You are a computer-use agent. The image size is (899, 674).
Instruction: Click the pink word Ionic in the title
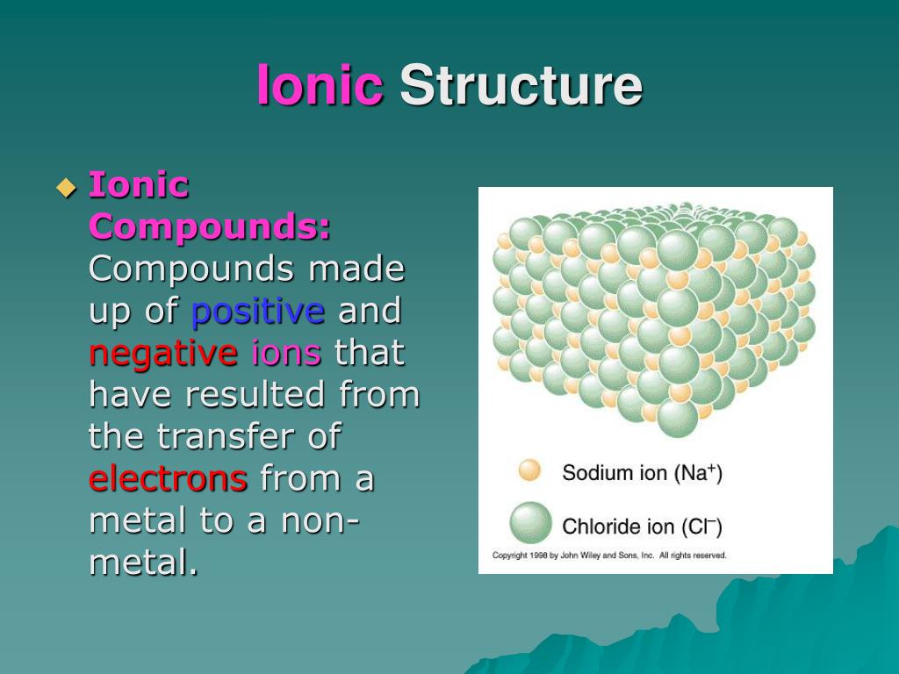(x=320, y=86)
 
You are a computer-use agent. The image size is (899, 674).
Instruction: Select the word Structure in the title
(x=521, y=86)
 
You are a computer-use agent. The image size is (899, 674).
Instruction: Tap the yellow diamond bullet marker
(x=66, y=187)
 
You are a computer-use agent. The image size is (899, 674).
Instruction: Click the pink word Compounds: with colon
(x=210, y=227)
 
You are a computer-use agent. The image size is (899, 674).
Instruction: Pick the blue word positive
(x=258, y=311)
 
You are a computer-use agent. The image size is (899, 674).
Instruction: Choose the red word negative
(x=163, y=354)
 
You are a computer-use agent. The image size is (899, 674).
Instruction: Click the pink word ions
(x=286, y=354)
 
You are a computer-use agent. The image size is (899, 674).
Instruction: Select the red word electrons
(x=168, y=479)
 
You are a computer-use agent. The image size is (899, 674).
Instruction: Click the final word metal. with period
(x=143, y=563)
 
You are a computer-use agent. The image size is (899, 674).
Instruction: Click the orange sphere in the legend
(x=530, y=470)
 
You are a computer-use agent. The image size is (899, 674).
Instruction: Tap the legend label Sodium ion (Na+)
(x=642, y=474)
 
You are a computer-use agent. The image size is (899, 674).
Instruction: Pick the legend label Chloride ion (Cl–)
(x=642, y=527)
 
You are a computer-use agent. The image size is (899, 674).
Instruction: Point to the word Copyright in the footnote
(x=508, y=556)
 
